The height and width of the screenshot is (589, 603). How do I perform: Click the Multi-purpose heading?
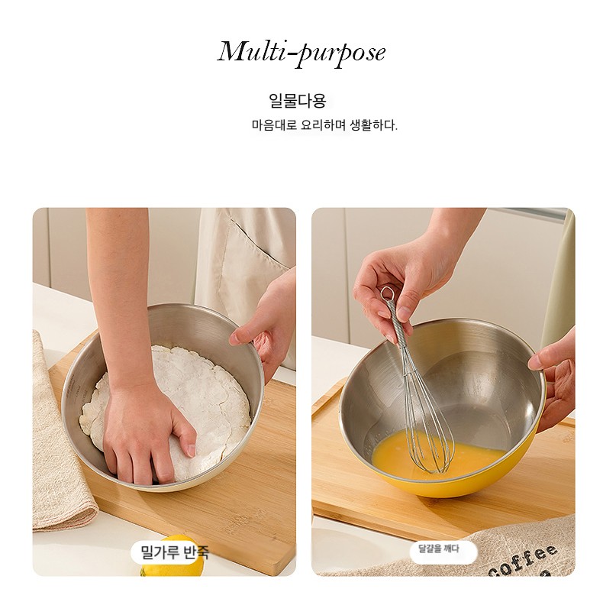point(301,53)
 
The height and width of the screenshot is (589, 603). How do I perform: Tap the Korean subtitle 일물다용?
point(297,101)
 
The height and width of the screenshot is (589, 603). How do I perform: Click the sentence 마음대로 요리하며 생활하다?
point(324,125)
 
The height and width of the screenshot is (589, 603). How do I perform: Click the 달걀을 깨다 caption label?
point(439,549)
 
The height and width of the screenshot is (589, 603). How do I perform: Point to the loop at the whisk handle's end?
point(386,293)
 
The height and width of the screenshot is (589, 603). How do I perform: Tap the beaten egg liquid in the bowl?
point(438,455)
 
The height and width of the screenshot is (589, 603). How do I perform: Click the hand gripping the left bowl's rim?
point(262,331)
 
